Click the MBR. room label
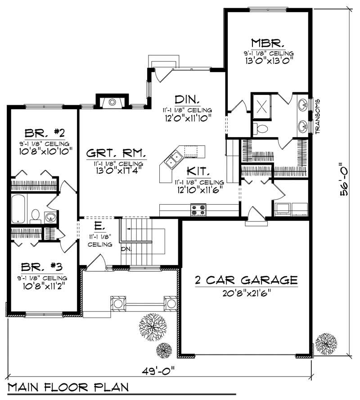click(267, 43)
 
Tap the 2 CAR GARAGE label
click(246, 280)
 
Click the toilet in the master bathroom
click(260, 128)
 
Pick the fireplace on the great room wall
click(112, 102)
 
